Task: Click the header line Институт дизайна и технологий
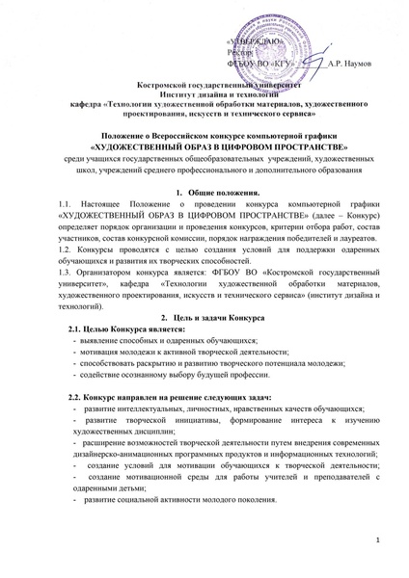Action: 204,95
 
